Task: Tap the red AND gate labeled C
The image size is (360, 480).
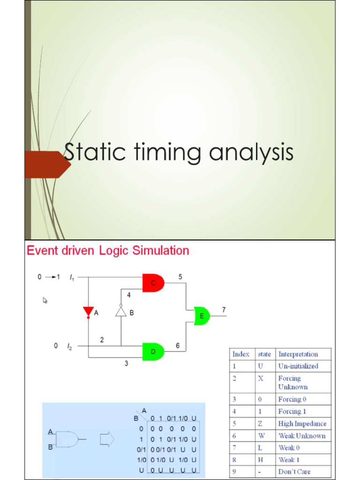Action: pyautogui.click(x=153, y=283)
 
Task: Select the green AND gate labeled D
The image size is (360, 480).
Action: pyautogui.click(x=153, y=352)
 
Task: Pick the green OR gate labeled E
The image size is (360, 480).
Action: pyautogui.click(x=202, y=316)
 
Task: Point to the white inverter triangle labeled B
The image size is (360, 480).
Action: pyautogui.click(x=121, y=312)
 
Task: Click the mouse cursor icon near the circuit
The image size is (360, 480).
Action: pyautogui.click(x=45, y=300)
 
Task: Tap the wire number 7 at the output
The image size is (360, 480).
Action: pyautogui.click(x=224, y=309)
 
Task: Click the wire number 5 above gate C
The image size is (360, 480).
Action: pyautogui.click(x=180, y=277)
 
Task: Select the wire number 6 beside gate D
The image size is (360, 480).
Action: pyautogui.click(x=178, y=345)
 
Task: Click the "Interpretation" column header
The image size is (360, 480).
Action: pyautogui.click(x=298, y=354)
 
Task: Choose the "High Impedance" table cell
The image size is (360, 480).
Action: pyautogui.click(x=302, y=424)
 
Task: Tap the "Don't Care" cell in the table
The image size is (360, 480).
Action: pyautogui.click(x=294, y=472)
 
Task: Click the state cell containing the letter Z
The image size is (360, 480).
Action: pyautogui.click(x=261, y=424)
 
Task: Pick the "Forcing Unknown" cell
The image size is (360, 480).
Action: pyautogui.click(x=293, y=382)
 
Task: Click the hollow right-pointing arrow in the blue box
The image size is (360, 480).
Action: pyautogui.click(x=107, y=439)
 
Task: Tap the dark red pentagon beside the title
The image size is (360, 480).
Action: pyautogui.click(x=47, y=165)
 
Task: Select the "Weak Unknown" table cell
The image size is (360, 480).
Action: pyautogui.click(x=302, y=436)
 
